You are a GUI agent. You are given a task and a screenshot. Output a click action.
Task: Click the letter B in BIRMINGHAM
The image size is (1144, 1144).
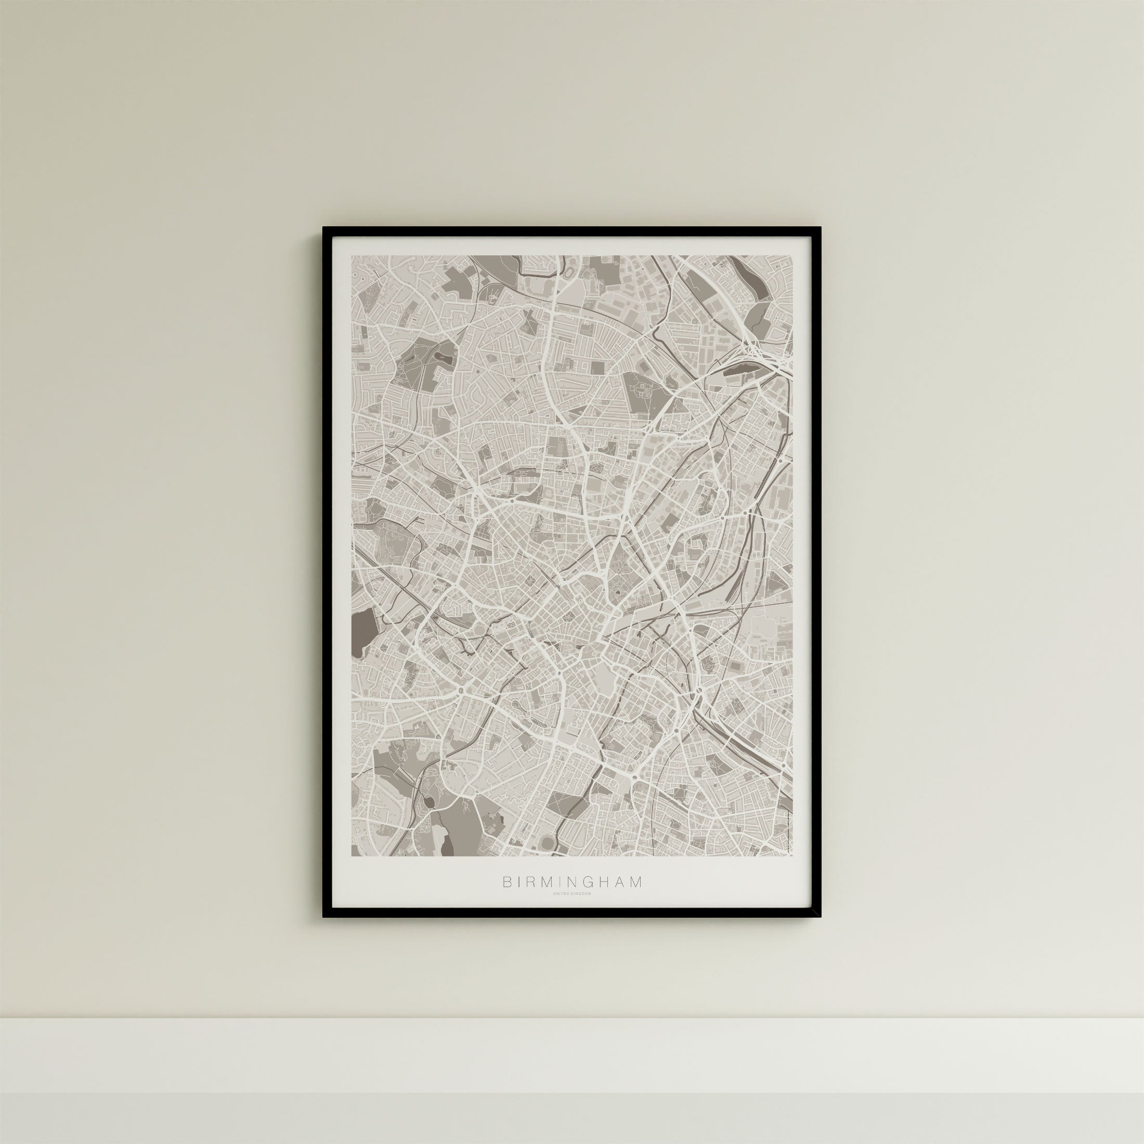[x=507, y=898]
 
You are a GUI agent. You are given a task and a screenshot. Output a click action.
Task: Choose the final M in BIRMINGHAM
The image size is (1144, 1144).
[x=636, y=898]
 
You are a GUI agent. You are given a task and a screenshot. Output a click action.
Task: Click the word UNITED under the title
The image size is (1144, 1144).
[x=562, y=910]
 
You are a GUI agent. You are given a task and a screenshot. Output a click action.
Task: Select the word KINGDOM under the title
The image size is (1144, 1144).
[x=581, y=910]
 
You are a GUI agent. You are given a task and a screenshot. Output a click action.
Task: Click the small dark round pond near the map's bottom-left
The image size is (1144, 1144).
[x=427, y=803]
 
